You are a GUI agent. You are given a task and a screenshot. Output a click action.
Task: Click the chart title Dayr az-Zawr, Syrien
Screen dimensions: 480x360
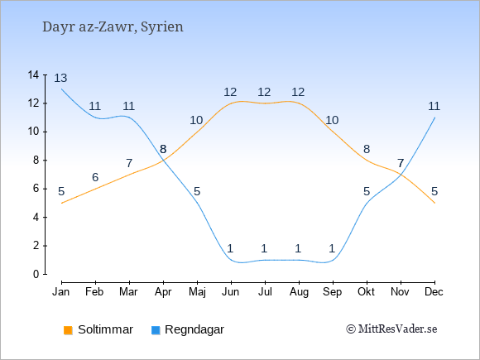[113, 27]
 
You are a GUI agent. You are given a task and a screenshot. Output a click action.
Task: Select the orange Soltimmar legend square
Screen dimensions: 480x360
[68, 330]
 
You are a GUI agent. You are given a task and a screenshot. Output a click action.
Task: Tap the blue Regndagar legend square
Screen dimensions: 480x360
[156, 330]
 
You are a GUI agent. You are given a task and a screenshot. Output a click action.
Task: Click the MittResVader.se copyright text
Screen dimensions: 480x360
[391, 329]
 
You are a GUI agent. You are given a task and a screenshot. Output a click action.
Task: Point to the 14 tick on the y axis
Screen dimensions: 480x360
[33, 74]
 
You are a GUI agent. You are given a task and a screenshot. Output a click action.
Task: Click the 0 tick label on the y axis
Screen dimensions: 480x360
[36, 274]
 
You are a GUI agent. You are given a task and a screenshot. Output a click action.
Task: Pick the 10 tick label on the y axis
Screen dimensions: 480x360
[33, 132]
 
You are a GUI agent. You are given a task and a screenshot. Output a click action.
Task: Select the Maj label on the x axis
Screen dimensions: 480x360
[197, 292]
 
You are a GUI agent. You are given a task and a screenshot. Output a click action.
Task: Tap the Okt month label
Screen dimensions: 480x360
[366, 292]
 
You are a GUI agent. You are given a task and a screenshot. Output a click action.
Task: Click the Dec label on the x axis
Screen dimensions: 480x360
[434, 292]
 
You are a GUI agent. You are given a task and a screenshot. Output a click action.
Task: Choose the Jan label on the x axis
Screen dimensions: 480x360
[61, 292]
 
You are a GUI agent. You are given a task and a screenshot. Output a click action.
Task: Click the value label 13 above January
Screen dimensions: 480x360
[60, 78]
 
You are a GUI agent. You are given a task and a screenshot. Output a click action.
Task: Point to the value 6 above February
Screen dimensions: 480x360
[95, 177]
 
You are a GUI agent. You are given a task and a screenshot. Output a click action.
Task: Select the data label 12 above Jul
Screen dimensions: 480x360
[264, 92]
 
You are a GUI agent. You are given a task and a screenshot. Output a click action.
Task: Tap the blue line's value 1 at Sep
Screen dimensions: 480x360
[332, 248]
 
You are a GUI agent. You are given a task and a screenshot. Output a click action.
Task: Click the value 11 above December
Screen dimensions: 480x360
[434, 106]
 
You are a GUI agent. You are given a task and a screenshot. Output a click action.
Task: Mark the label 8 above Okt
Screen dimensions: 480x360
[367, 149]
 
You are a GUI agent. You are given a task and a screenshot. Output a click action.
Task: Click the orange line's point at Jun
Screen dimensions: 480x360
[231, 103]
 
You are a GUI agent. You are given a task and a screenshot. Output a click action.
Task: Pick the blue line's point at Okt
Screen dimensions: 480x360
[367, 203]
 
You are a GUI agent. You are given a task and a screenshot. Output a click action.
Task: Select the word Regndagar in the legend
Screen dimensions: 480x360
[194, 329]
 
